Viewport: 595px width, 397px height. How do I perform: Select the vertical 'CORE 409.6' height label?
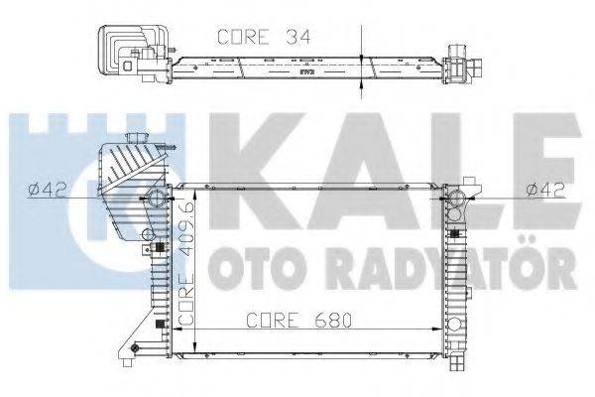185,265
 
